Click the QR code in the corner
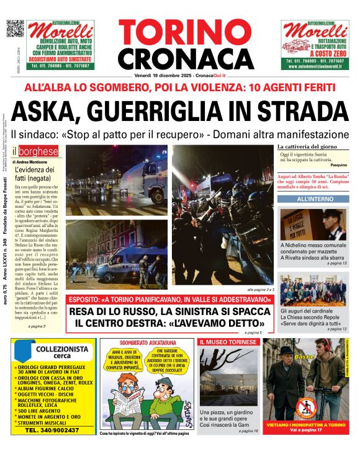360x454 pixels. pos(15,29)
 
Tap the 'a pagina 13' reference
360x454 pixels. pos(336,264)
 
